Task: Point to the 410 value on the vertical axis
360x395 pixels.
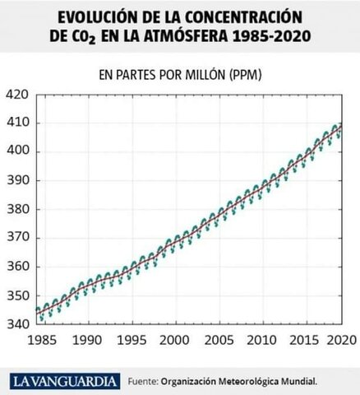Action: pos(16,123)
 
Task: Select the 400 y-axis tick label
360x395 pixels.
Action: pos(16,151)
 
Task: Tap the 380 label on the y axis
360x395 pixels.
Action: pos(16,209)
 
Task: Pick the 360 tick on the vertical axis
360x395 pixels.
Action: pos(16,267)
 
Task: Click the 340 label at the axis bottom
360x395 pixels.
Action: pos(16,324)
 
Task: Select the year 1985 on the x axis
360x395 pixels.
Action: pos(37,339)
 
